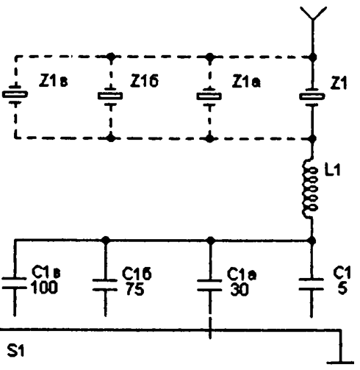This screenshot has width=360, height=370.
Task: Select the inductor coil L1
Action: tap(310, 189)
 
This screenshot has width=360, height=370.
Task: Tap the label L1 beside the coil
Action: tap(332, 170)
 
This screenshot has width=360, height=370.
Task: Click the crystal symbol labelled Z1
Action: tap(312, 96)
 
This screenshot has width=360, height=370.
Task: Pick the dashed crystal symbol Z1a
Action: tap(209, 96)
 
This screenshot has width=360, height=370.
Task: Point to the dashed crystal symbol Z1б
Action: tap(110, 96)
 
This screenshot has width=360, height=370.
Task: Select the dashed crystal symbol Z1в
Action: tap(15, 94)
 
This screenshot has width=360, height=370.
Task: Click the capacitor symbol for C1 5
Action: tap(312, 284)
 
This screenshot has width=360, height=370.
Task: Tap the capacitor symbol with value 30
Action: tap(209, 285)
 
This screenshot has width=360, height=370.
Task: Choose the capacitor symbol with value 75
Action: tap(105, 285)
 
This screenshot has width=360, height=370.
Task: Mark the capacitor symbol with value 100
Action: tap(14, 283)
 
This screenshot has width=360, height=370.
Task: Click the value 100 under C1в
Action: tap(45, 288)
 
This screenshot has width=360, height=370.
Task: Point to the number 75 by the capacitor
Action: tap(135, 289)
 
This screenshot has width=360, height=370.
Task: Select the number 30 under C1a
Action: tap(240, 290)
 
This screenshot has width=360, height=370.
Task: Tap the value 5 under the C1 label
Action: tap(342, 288)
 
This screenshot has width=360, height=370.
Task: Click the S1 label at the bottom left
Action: tap(15, 350)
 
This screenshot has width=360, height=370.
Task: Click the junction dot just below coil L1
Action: tap(312, 241)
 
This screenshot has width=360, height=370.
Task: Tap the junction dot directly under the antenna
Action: tap(312, 57)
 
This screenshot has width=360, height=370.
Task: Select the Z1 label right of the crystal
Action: tap(339, 83)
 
